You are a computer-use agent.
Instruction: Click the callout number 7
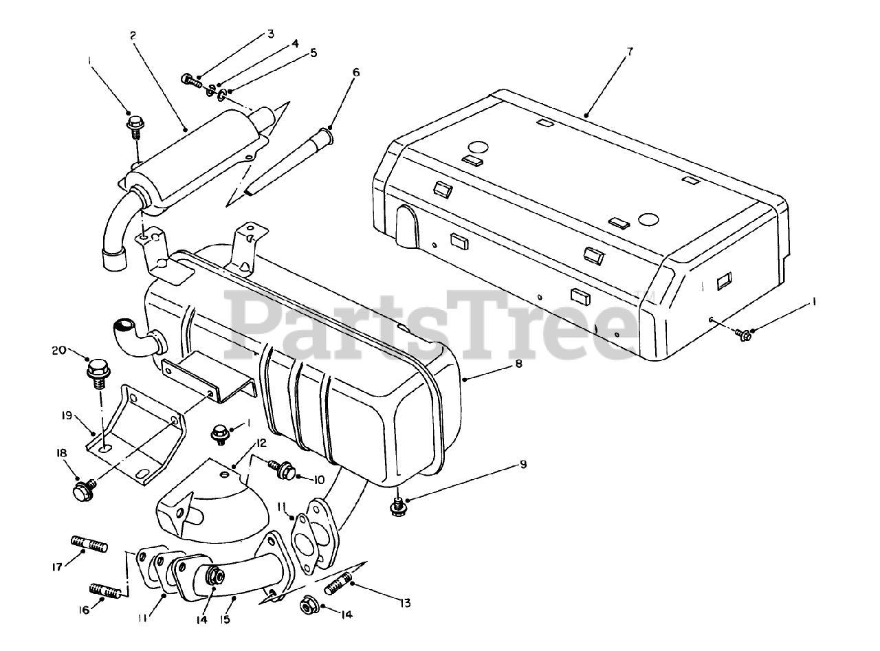click(x=630, y=52)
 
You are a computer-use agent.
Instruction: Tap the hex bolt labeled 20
click(x=98, y=371)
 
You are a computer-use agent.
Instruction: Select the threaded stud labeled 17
click(x=88, y=544)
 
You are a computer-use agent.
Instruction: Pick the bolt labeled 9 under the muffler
click(x=397, y=506)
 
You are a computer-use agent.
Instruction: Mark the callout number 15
click(x=225, y=620)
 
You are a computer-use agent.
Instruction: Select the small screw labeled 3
click(x=190, y=81)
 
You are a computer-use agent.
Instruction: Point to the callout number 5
click(x=313, y=53)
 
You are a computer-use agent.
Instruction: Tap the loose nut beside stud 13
click(x=307, y=606)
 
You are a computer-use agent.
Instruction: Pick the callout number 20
click(x=59, y=350)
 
